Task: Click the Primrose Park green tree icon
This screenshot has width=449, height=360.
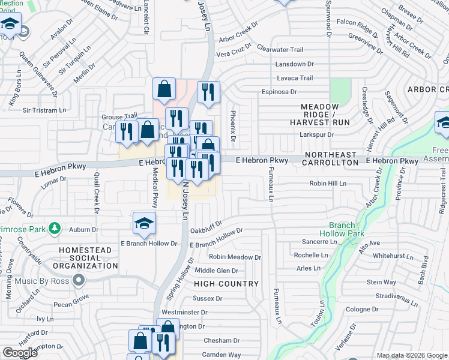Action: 55,228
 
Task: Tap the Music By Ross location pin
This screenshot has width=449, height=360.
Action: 78,280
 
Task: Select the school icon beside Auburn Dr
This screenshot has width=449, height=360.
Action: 144,224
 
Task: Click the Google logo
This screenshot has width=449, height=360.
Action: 20,353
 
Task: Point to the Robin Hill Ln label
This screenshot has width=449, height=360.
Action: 328,184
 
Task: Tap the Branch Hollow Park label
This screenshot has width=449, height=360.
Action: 342,229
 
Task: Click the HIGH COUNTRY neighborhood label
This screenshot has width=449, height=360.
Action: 227,283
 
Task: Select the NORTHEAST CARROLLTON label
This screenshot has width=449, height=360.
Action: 329,158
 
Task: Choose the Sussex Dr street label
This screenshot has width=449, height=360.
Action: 207,298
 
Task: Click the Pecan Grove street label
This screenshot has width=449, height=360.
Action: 70,296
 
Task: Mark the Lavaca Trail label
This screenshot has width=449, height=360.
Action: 295,78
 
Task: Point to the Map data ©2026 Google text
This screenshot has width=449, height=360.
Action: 412,355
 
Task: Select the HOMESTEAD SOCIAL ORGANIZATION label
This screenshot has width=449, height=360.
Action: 88,257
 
